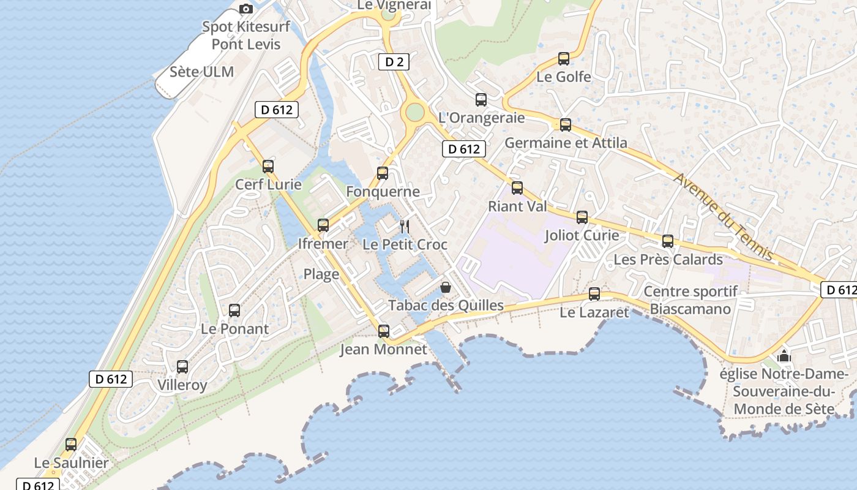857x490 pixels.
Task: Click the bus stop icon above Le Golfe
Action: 564,59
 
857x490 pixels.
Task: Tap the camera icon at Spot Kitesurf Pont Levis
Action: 246,9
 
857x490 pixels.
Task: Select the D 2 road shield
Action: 394,62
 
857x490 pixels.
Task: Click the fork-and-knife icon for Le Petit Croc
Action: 404,227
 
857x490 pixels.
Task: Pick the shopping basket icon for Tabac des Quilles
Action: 446,287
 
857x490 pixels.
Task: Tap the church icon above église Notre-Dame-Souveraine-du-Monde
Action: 784,356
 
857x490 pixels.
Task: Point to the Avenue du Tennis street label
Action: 723,216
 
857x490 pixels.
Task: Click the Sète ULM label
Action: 201,72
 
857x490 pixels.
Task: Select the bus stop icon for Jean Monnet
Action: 384,331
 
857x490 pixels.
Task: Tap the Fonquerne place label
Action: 383,192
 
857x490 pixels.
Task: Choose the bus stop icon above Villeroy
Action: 182,367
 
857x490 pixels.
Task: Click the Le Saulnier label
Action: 71,463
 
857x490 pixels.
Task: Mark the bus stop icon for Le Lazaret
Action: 594,294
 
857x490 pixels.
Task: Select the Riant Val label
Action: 517,206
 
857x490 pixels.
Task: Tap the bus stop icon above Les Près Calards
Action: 668,241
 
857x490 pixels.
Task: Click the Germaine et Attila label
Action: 566,143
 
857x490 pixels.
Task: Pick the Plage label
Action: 321,274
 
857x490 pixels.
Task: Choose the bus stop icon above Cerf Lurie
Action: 268,166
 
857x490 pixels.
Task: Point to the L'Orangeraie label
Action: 482,118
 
